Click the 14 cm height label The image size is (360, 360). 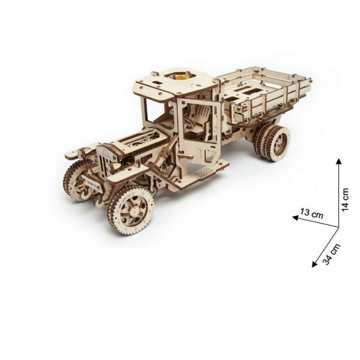(x=346, y=199)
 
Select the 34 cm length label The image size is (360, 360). (x=330, y=254)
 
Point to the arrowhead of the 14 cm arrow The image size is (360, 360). (x=338, y=161)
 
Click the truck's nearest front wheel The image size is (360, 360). (x=131, y=210)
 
